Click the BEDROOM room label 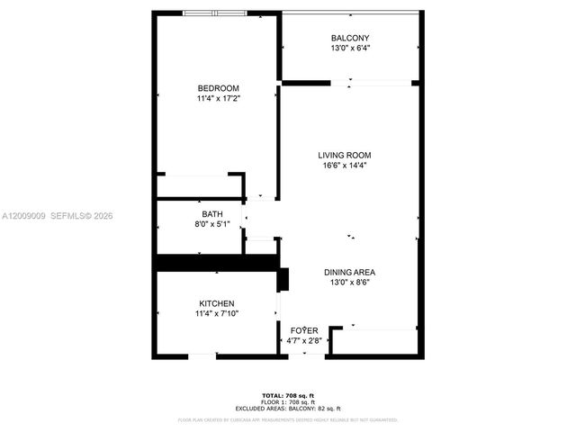point(218,87)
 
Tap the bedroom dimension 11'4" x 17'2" point(218,98)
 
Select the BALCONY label point(350,38)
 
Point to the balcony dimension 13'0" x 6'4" point(350,49)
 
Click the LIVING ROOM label point(344,155)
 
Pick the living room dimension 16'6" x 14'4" point(344,166)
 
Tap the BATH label point(212,214)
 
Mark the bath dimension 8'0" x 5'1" point(212,224)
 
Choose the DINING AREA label point(349,273)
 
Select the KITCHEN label point(217,303)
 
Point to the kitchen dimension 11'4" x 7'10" point(217,313)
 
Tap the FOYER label point(304,331)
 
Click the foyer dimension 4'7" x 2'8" point(304,341)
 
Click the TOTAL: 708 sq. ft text point(288,396)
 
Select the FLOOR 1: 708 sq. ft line point(288,402)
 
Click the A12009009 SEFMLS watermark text point(58,216)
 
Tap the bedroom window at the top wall point(214,13)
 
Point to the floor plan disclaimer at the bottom point(288,419)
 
